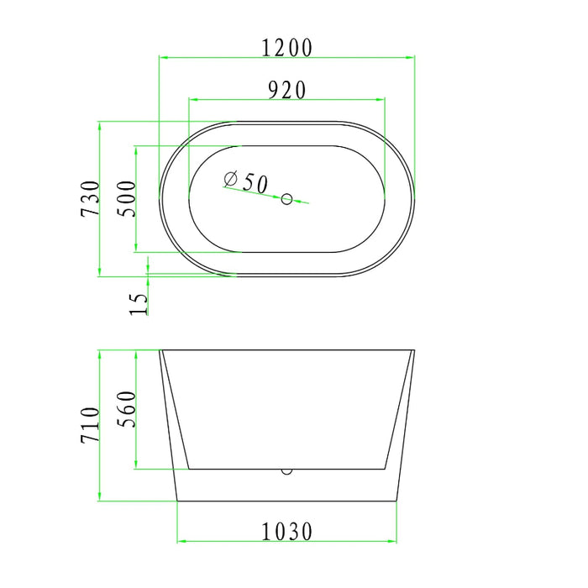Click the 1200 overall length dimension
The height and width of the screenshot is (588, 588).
(286, 48)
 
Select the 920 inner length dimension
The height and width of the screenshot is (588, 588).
(286, 90)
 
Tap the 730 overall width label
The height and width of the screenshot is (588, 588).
(90, 199)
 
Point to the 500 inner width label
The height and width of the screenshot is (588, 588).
(126, 199)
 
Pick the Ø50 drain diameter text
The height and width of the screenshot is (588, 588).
(246, 181)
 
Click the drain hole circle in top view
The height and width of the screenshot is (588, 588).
(286, 199)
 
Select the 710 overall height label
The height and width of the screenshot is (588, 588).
(90, 425)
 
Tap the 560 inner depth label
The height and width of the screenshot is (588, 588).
(126, 409)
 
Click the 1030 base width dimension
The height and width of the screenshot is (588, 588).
(286, 531)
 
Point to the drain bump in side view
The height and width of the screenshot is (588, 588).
(287, 470)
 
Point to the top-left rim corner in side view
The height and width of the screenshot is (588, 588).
(160, 350)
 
